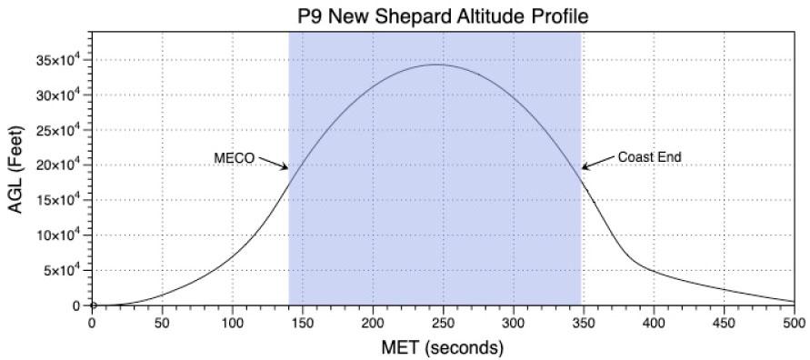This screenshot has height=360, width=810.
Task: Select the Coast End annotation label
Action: click(649, 157)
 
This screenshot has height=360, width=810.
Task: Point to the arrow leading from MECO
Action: click(272, 163)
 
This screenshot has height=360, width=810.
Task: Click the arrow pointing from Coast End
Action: click(596, 162)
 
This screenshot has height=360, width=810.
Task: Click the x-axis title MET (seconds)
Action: click(443, 347)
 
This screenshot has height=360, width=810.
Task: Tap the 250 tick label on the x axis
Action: click(443, 322)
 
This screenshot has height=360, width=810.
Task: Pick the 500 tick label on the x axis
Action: click(793, 322)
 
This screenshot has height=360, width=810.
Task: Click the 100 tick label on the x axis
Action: click(232, 322)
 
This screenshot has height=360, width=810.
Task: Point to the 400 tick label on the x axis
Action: click(653, 322)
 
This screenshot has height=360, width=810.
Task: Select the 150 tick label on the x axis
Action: click(302, 322)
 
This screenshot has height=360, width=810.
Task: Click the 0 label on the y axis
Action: click(80, 306)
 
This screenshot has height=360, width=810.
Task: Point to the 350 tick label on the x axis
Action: click(583, 322)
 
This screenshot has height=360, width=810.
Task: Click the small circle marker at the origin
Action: click(92, 305)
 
